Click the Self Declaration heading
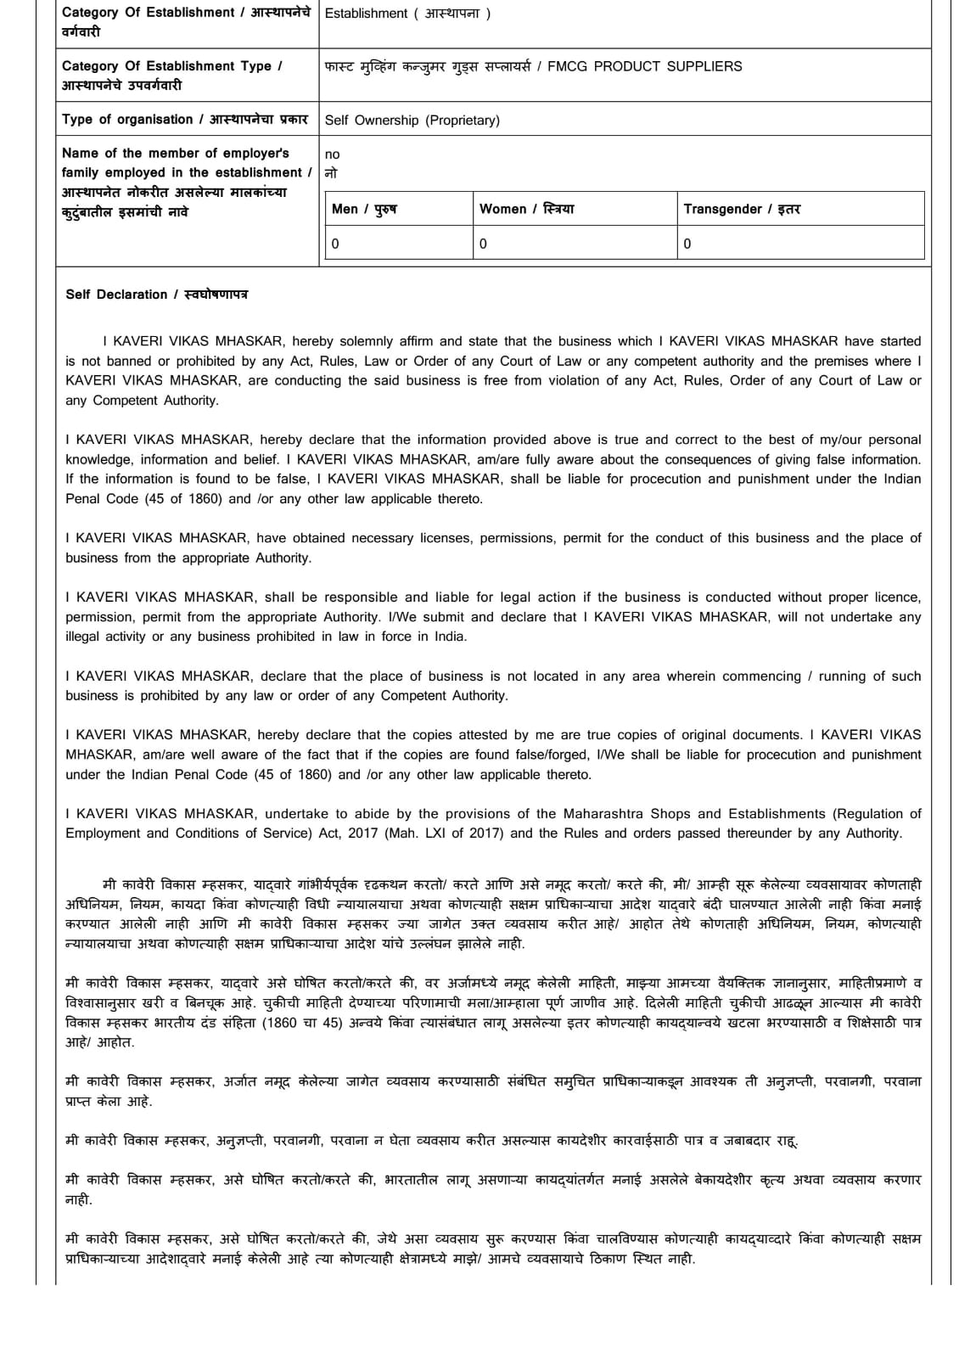157,295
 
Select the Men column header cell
364,209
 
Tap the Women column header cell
526,209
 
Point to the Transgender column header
742,209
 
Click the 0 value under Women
484,244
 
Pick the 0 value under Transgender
687,244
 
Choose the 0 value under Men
335,244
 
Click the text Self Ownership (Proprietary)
412,120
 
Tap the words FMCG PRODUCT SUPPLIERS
645,66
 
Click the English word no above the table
332,154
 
